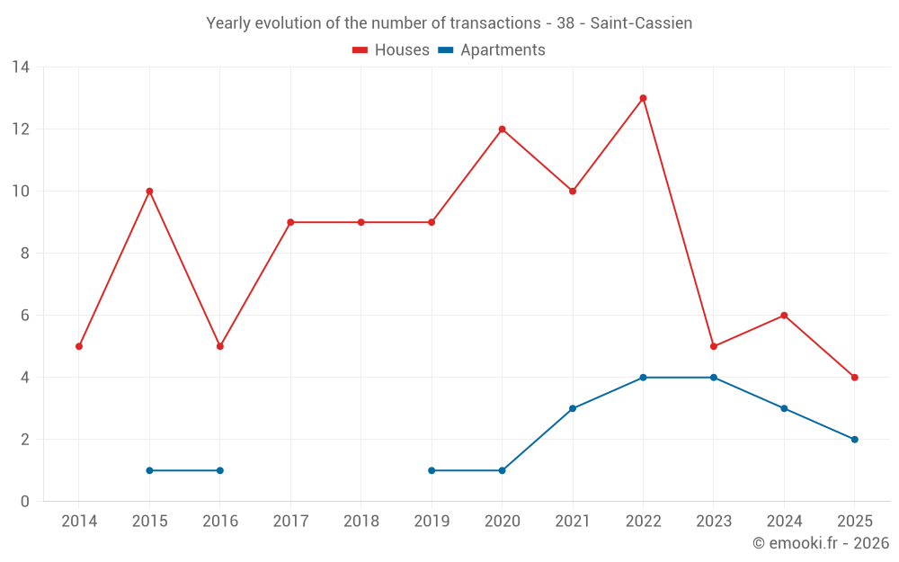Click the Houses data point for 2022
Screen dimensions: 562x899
[x=643, y=98]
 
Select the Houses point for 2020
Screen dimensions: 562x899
[x=502, y=129]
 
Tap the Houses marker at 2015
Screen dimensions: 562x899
[x=149, y=192]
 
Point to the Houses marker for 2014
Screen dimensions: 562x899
[x=79, y=346]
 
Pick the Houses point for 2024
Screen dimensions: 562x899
[x=784, y=316]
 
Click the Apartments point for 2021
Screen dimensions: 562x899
[x=573, y=408]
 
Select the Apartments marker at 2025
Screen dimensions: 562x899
[x=854, y=440]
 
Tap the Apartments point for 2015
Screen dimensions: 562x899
[x=149, y=470]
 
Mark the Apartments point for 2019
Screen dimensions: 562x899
[x=432, y=470]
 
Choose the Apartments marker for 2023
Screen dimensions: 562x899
[x=714, y=378]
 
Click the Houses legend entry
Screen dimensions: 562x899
[x=391, y=50]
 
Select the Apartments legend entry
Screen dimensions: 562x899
[x=492, y=50]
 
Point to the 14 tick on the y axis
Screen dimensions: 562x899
[x=21, y=67]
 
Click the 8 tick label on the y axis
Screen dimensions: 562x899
[x=25, y=254]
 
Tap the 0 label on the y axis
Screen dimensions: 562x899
[x=25, y=502]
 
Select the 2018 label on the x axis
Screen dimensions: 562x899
[x=360, y=522]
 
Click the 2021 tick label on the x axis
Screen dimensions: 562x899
[x=573, y=522]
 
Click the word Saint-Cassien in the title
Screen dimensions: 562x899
[x=641, y=23]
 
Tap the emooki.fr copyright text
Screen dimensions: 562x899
[x=821, y=543]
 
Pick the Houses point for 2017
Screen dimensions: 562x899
[x=290, y=222]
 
